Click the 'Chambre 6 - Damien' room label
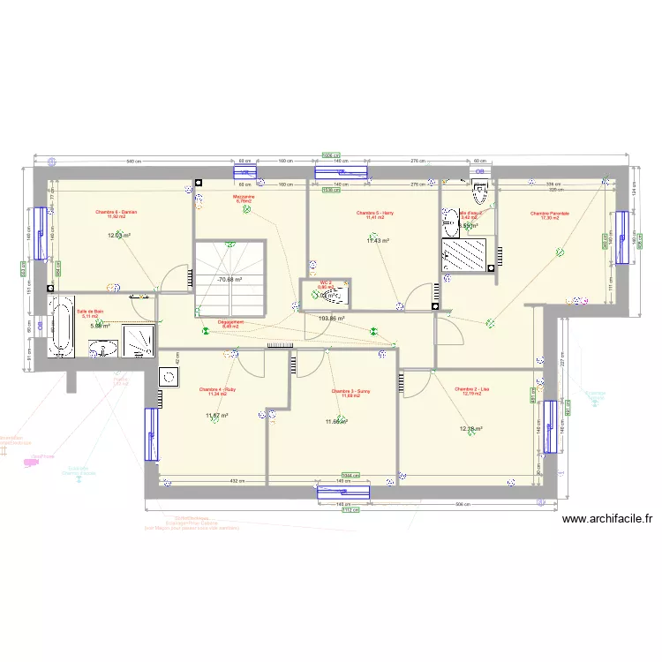coord(117,212)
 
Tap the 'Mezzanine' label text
coord(244,196)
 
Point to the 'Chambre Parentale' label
coord(550,213)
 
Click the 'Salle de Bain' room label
coord(90,311)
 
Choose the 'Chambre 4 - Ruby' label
coord(217,389)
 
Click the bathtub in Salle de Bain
coord(61,327)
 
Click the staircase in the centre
coord(229,277)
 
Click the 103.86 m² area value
coord(331,319)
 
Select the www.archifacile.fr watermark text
coord(606,520)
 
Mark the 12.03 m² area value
coord(119,236)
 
